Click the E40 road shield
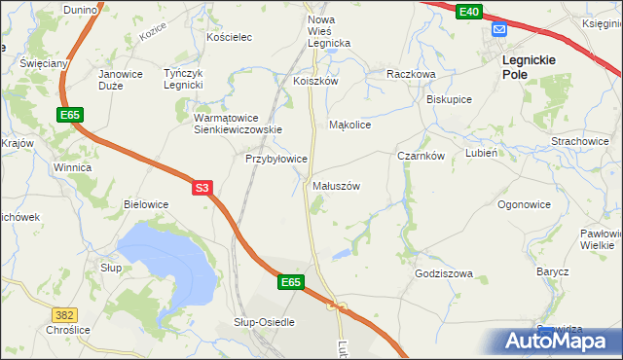click(x=468, y=11)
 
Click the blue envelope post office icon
click(x=499, y=30)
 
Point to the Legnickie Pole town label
click(x=529, y=66)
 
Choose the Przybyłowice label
click(x=276, y=158)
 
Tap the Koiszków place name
click(x=315, y=82)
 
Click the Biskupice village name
click(x=450, y=99)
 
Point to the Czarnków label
click(x=421, y=156)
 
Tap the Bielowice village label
click(x=146, y=204)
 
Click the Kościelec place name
click(x=230, y=37)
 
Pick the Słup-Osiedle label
click(x=264, y=321)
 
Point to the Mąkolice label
click(x=350, y=126)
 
